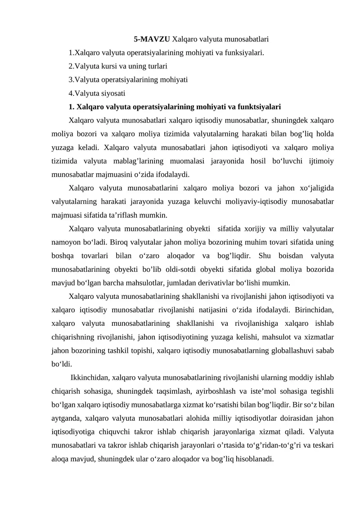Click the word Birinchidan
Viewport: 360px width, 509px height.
tap(312, 310)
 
